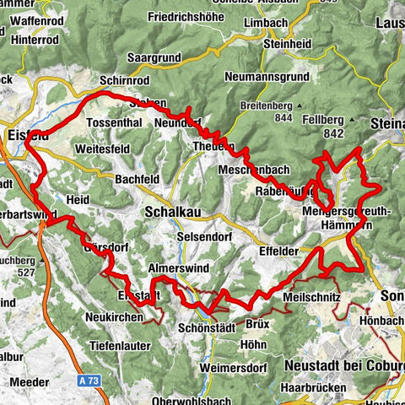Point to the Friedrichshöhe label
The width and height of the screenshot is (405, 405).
pyautogui.click(x=191, y=17)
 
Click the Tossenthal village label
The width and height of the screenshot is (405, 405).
pyautogui.click(x=116, y=123)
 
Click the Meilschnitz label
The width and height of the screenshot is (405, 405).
pyautogui.click(x=312, y=298)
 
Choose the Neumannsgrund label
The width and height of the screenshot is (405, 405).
pyautogui.click(x=270, y=77)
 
